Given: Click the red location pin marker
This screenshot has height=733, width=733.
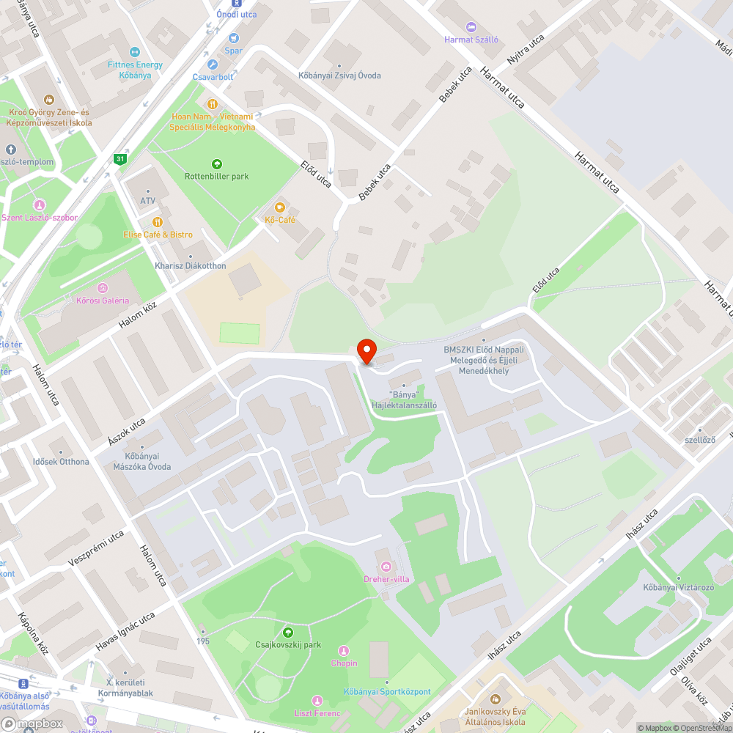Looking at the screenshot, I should coord(366,350).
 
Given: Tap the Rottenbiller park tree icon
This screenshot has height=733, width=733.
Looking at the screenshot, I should coord(216,164).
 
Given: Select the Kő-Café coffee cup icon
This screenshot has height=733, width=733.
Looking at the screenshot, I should coord(279,207).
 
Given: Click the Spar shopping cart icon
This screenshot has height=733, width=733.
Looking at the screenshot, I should coord(234,38).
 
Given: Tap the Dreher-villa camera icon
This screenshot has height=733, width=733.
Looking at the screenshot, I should coord(386,567).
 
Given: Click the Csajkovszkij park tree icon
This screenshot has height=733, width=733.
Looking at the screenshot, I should coord(288,633).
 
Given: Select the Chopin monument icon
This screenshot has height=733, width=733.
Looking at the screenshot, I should coord(343,651).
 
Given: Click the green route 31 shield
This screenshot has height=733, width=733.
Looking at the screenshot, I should coord(119,158).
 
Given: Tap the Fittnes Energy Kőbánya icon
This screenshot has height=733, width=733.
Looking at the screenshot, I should coord(134,52).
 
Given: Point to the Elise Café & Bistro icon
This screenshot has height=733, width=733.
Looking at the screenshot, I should coord(157,222).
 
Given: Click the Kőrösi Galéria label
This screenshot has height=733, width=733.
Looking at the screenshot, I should coord(103,300).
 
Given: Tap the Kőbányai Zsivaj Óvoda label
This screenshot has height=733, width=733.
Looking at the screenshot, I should coord(339,75).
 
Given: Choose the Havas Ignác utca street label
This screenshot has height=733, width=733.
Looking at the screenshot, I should coord(125,631).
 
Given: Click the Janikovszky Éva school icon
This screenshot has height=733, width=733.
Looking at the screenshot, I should coord(495,699).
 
